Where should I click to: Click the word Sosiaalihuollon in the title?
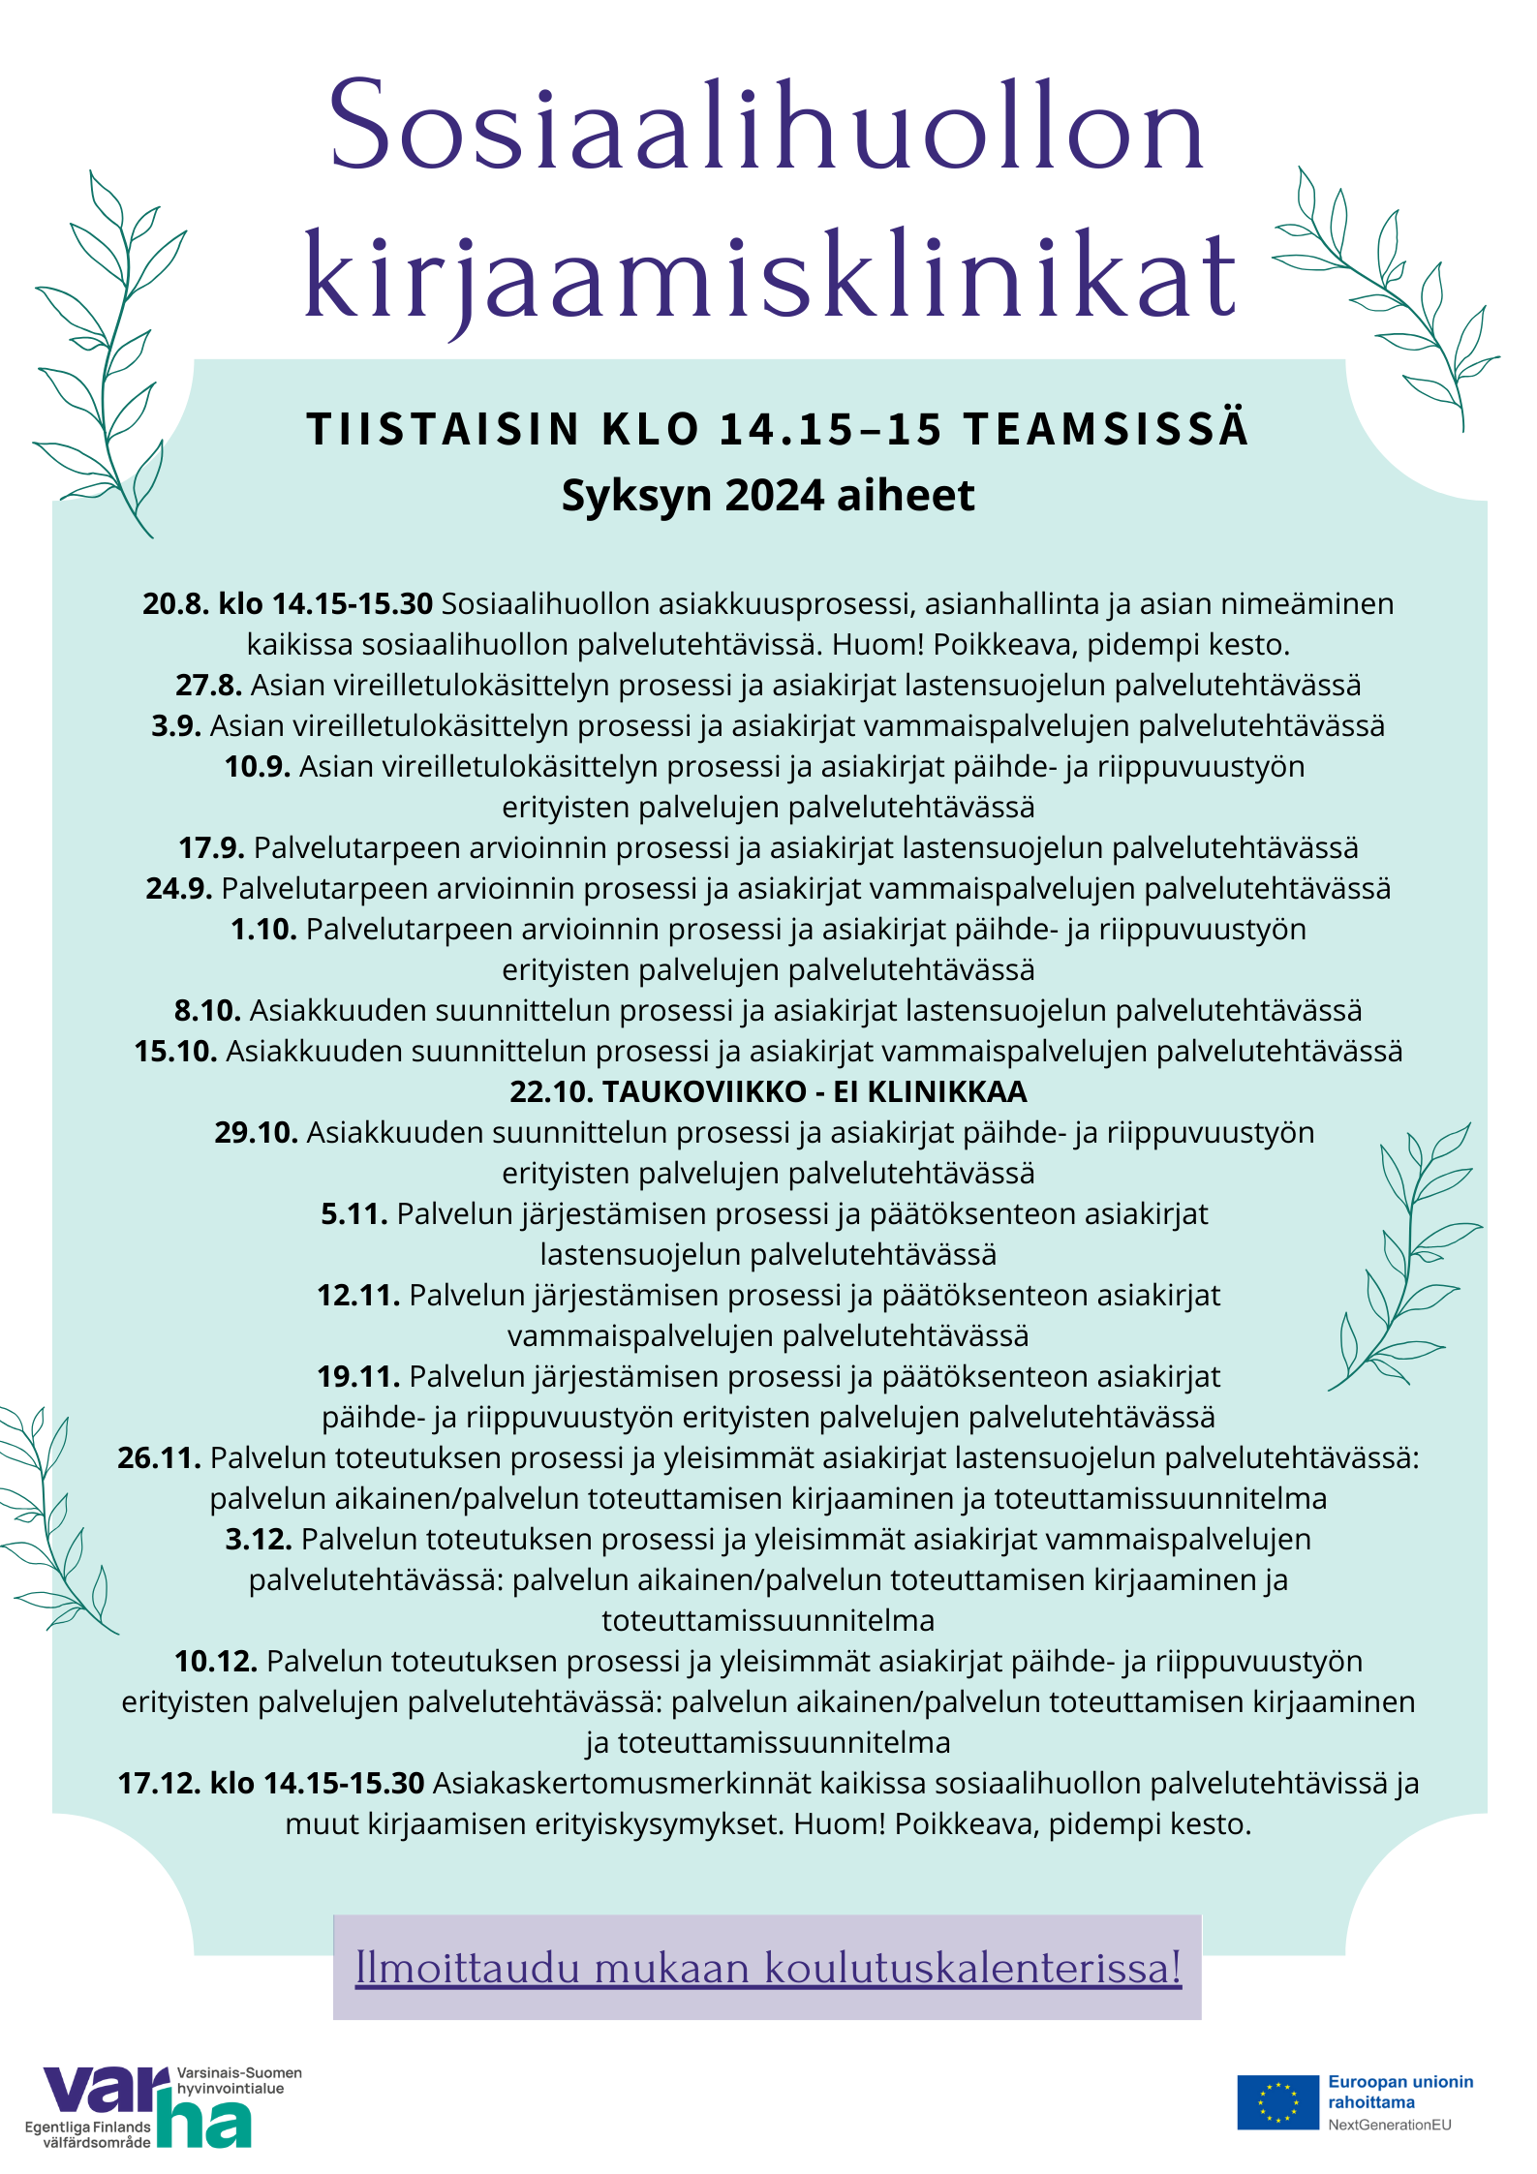pyautogui.click(x=767, y=126)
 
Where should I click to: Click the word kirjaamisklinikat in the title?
pyautogui.click(x=770, y=276)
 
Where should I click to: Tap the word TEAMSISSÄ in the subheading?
pyautogui.click(x=1105, y=429)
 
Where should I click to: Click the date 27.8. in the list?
pyautogui.click(x=208, y=685)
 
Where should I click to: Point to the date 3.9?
pyautogui.click(x=175, y=725)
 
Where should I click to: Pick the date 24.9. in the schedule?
pyautogui.click(x=178, y=888)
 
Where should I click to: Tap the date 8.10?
pyautogui.click(x=206, y=1010)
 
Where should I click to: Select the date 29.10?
pyautogui.click(x=256, y=1132)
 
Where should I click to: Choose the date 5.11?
pyautogui.click(x=354, y=1213)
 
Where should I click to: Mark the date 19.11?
pyautogui.click(x=357, y=1376)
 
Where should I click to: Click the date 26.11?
pyautogui.click(x=159, y=1457)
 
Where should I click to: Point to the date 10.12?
pyautogui.click(x=215, y=1661)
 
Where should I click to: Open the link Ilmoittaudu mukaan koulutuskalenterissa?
pyautogui.click(x=768, y=1968)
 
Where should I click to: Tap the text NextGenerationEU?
pyautogui.click(x=1389, y=2125)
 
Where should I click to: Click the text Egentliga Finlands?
pyautogui.click(x=87, y=2127)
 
